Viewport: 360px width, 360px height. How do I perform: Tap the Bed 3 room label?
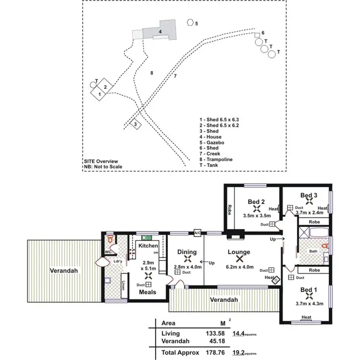point(309,195)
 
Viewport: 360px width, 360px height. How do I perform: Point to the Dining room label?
point(187,252)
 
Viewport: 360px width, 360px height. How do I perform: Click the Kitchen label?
point(148,245)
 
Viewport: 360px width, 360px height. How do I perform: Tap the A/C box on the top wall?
point(197,233)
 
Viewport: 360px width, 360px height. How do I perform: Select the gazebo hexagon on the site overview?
point(191,22)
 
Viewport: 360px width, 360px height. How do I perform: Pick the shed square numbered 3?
point(136,124)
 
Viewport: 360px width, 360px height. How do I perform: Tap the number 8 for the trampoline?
point(151,73)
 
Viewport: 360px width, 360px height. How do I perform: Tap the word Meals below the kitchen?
point(148,292)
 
